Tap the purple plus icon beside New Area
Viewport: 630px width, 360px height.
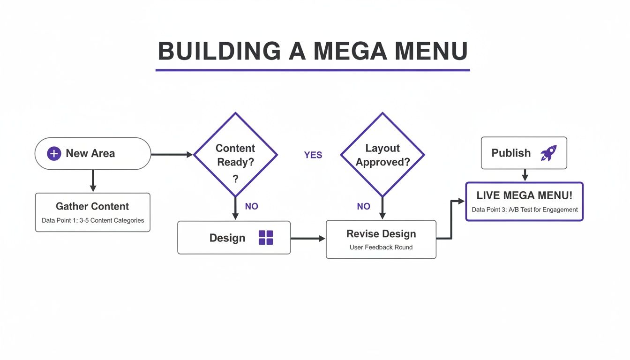[54, 153]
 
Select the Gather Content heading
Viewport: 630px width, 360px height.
[92, 206]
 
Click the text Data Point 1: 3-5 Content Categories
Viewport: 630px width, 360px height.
[93, 220]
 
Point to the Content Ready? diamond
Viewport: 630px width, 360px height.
[235, 155]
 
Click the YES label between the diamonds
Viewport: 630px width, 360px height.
[313, 155]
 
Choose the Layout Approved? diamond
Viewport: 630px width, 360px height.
[382, 155]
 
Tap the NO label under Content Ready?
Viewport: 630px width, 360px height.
[252, 206]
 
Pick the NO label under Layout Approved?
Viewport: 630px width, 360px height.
[363, 206]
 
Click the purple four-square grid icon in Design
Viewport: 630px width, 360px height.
[266, 238]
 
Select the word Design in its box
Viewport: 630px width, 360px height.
[227, 238]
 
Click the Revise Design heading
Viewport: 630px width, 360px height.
[381, 233]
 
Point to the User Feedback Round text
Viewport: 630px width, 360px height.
[381, 247]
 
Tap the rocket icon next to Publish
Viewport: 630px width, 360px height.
[548, 153]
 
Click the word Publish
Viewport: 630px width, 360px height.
[511, 153]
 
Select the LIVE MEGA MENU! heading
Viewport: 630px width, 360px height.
[524, 196]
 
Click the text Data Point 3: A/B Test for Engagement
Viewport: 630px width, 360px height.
[525, 210]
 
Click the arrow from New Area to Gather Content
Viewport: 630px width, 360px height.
[93, 180]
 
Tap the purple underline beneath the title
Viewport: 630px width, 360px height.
[313, 70]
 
